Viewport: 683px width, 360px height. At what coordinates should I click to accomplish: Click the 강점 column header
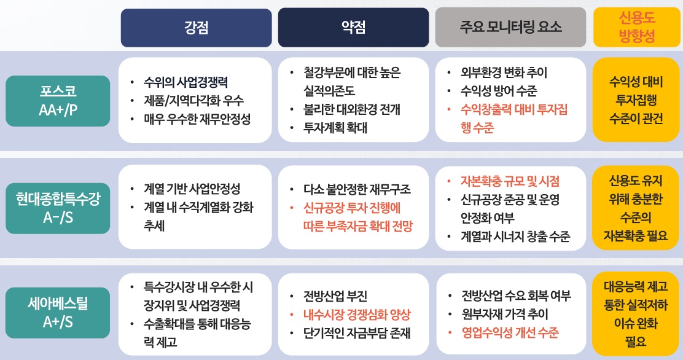[196, 28]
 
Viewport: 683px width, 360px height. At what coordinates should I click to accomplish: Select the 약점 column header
[353, 28]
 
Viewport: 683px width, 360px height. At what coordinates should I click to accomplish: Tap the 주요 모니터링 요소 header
[510, 28]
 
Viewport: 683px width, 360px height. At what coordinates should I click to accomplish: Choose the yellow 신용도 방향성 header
[637, 28]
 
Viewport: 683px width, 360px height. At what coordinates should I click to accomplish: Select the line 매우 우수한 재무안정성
[197, 119]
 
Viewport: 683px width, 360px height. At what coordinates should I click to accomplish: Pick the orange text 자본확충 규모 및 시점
[510, 181]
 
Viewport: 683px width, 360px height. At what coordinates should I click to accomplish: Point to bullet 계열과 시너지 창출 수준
[515, 237]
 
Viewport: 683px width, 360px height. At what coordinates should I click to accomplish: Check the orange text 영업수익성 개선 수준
[510, 333]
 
